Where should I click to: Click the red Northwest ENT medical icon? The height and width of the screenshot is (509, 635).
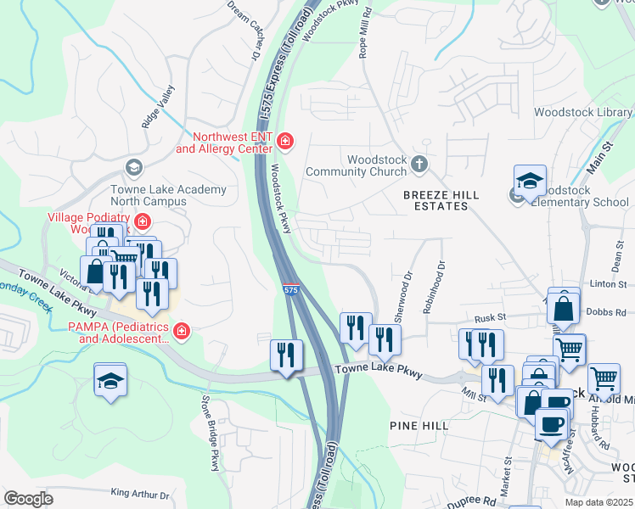click(286, 140)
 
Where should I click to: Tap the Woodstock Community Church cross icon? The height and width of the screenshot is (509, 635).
click(419, 163)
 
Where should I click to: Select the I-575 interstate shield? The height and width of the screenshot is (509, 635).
click(290, 290)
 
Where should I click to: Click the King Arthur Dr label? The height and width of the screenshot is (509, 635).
click(140, 493)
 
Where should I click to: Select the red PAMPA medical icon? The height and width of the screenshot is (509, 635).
click(180, 330)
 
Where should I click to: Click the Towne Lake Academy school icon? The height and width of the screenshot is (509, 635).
click(133, 166)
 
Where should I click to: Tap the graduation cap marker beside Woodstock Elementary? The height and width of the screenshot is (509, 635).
click(530, 182)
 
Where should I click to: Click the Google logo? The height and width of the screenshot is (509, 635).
click(27, 499)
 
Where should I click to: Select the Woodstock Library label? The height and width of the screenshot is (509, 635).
click(582, 112)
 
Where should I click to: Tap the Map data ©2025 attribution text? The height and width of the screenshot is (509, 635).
click(598, 502)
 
